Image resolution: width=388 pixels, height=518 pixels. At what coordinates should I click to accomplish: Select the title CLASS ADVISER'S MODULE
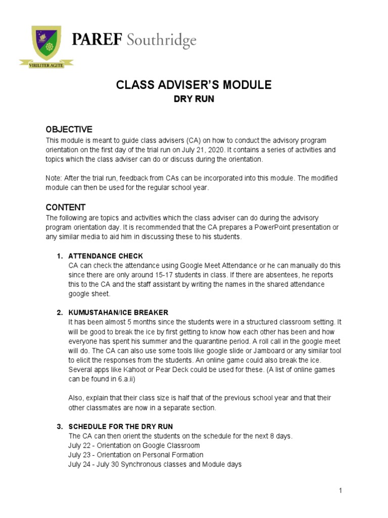(x=194, y=85)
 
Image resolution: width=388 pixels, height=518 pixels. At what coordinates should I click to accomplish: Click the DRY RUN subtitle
(x=194, y=99)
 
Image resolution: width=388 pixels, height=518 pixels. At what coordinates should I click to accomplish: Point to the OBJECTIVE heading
(x=69, y=129)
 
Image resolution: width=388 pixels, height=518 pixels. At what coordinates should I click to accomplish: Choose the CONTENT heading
(x=66, y=207)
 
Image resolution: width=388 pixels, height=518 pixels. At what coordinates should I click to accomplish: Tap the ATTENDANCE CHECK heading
(x=106, y=256)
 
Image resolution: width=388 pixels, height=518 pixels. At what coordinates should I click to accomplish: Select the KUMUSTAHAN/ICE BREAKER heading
(x=118, y=313)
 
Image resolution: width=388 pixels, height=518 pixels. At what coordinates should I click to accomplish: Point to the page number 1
(x=341, y=490)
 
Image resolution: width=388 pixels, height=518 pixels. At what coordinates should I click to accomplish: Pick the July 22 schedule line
(x=134, y=446)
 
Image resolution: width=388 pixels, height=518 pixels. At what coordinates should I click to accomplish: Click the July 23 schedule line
(x=136, y=455)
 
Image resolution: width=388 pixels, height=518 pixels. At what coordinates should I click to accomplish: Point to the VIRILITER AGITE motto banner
(x=46, y=65)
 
